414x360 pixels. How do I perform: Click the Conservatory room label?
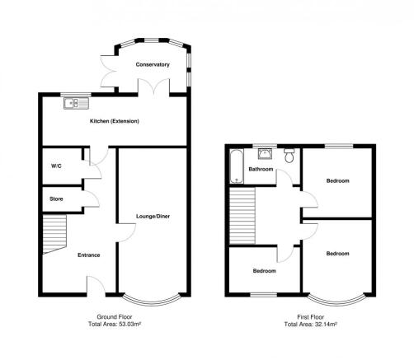153,64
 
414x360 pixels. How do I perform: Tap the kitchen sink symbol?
76,103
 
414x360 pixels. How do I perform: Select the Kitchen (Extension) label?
115,121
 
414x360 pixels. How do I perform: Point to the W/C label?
56,166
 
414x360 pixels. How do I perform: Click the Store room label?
56,199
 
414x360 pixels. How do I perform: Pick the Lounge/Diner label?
153,217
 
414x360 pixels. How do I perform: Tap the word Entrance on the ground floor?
89,255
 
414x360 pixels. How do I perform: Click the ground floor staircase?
54,234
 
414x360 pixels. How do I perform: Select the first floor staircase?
242,216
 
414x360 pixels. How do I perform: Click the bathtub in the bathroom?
237,166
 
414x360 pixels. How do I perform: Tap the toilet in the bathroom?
289,156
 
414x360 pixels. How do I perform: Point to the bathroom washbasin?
265,154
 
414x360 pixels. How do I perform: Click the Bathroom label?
261,169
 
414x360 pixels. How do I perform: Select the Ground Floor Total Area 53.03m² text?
115,320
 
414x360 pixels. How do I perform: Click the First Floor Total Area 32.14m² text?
311,320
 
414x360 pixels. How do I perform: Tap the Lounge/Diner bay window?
152,302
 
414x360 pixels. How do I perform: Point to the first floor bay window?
337,302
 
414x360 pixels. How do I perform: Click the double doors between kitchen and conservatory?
153,86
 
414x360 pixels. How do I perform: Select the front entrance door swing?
96,285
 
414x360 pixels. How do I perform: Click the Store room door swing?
91,199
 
